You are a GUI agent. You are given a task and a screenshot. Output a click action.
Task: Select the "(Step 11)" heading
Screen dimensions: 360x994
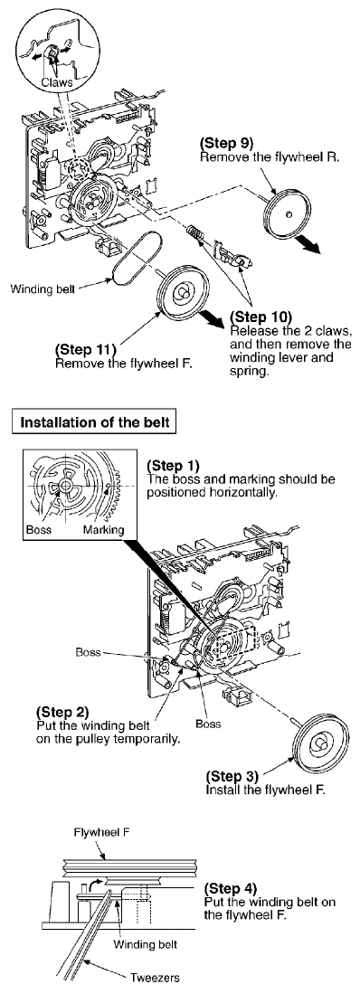point(86,349)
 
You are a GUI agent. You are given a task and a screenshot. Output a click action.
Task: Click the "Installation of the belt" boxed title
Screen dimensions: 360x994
point(95,421)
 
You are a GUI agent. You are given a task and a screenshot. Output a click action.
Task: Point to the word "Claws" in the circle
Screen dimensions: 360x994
point(56,81)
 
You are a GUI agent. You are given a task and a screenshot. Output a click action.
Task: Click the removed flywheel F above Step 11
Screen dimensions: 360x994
point(182,291)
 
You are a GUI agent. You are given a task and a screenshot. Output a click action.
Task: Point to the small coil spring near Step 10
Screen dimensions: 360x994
point(195,234)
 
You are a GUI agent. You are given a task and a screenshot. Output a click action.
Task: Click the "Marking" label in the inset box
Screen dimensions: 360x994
point(103,530)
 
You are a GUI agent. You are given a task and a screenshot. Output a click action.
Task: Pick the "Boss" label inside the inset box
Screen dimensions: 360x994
point(39,529)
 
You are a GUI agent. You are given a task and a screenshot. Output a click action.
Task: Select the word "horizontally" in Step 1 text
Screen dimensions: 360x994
point(244,490)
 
